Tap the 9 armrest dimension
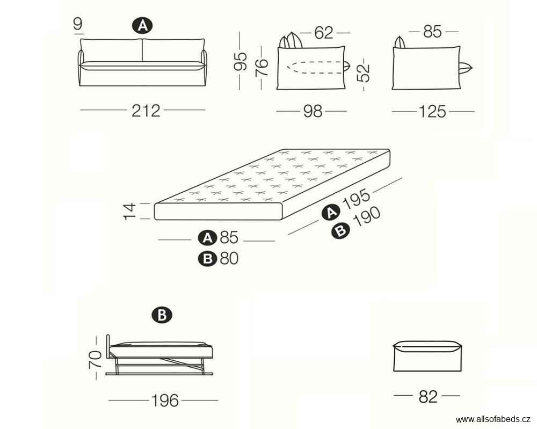click(78, 24)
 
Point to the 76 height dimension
click(262, 68)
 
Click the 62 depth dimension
click(323, 33)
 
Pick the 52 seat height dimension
click(364, 73)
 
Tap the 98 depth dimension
click(313, 112)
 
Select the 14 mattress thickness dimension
click(129, 211)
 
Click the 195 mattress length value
click(357, 198)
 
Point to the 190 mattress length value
click(367, 217)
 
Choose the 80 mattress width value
click(229, 258)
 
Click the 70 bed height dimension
click(95, 359)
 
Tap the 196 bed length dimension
click(165, 401)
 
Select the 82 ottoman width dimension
click(428, 397)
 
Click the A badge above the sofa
click(142, 26)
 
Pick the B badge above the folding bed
click(162, 315)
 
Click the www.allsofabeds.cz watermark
click(493, 420)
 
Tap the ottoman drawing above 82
click(428, 356)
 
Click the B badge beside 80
click(207, 258)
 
